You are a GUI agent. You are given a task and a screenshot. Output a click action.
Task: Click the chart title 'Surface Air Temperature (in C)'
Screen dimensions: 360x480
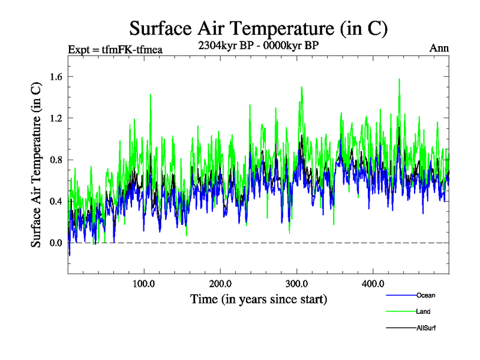pos(259,29)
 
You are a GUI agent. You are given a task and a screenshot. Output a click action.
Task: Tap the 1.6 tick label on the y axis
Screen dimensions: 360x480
pos(56,76)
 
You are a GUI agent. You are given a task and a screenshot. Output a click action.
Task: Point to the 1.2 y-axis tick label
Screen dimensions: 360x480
pos(56,118)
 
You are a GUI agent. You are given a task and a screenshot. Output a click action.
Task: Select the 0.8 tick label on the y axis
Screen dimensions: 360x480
pos(56,160)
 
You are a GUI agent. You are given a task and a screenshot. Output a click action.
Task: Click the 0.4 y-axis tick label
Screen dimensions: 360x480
pos(56,201)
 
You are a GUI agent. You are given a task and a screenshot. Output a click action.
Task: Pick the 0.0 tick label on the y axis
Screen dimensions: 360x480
pos(56,243)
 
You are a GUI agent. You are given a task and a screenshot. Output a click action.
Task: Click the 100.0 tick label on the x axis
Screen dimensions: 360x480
pos(144,283)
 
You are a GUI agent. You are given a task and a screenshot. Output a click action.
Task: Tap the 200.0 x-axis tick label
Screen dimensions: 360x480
pos(221,283)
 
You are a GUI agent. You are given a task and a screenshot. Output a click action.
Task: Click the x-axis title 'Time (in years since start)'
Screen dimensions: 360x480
pos(259,299)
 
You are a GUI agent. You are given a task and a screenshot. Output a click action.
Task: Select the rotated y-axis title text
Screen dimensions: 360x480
pos(37,164)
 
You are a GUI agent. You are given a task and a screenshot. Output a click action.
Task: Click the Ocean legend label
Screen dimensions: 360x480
pos(425,295)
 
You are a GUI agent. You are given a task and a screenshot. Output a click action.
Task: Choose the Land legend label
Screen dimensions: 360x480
pos(423,311)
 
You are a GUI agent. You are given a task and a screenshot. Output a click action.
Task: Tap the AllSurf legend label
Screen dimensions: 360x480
pos(426,328)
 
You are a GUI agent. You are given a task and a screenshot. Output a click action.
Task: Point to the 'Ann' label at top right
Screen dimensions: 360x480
pos(439,48)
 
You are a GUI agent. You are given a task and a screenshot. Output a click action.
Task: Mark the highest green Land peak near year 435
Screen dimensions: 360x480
pos(399,79)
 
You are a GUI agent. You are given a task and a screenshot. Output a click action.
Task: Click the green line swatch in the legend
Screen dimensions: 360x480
pos(400,311)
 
